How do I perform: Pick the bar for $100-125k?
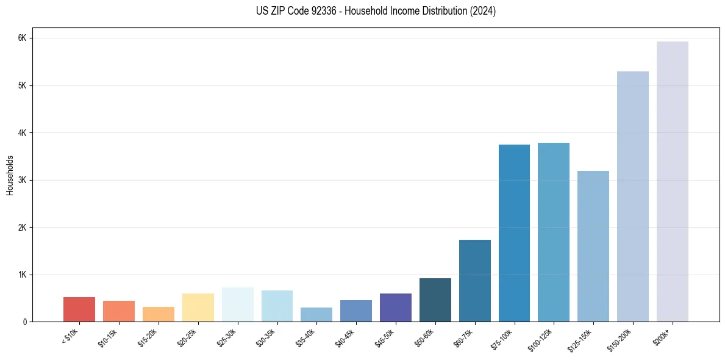554,232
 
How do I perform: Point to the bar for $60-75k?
474,281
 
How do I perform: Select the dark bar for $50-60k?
435,300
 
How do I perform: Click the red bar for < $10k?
79,309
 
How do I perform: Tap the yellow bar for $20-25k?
198,308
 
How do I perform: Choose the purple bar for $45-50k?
396,308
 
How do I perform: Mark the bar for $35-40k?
316,314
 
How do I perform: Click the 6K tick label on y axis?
23,38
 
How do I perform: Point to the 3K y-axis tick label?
23,180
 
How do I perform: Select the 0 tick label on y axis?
24,322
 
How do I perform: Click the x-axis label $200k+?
662,336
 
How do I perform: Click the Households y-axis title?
10,175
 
